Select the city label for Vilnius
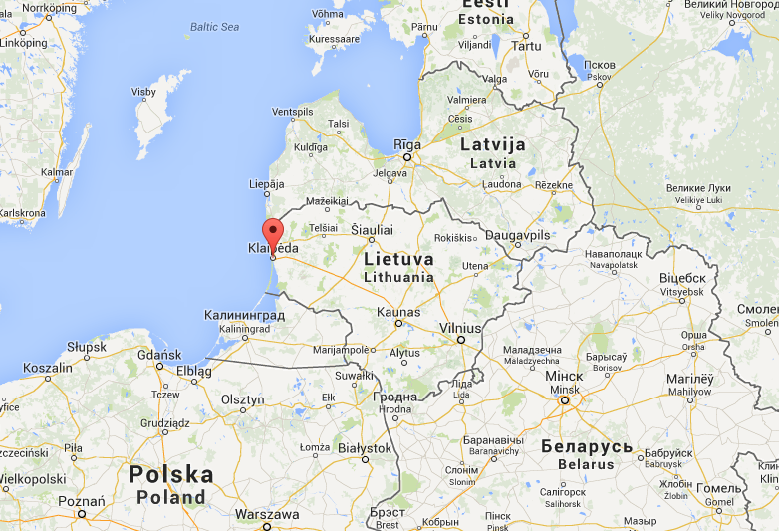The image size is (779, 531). (x=460, y=327)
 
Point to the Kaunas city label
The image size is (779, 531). (x=398, y=313)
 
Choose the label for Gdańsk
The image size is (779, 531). (x=160, y=354)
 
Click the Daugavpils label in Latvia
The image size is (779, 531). (x=516, y=235)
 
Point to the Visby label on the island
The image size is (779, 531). (x=144, y=92)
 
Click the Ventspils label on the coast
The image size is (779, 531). (x=293, y=111)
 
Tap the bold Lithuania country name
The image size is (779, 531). (x=398, y=277)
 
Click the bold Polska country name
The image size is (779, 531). (x=170, y=474)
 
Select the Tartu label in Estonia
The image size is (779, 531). (x=525, y=46)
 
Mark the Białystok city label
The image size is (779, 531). (x=364, y=448)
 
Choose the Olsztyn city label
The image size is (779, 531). (x=242, y=399)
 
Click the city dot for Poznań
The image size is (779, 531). (x=81, y=515)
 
